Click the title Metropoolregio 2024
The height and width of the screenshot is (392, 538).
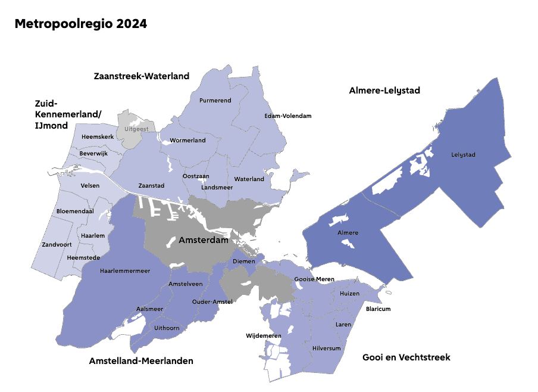click(x=80, y=24)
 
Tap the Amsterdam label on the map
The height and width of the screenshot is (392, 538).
click(x=204, y=241)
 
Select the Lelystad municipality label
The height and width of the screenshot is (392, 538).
click(x=464, y=155)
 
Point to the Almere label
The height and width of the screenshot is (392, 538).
click(x=348, y=232)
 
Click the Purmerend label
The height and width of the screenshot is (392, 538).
click(x=215, y=100)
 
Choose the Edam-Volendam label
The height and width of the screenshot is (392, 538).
click(x=288, y=116)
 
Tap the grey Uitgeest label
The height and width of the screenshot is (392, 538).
click(x=136, y=128)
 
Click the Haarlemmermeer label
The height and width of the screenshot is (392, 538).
click(x=125, y=270)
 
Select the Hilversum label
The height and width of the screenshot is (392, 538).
click(x=326, y=348)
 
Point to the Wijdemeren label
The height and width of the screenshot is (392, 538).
click(x=264, y=336)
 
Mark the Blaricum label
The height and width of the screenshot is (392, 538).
click(x=378, y=309)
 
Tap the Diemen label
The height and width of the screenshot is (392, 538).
click(x=245, y=261)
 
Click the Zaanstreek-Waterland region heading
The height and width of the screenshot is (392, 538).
click(x=142, y=76)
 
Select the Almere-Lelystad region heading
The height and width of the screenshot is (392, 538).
click(x=384, y=91)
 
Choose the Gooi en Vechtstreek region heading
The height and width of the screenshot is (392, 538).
click(x=406, y=357)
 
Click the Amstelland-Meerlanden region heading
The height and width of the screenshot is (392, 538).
click(x=141, y=361)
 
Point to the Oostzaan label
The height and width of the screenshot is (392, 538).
click(x=196, y=176)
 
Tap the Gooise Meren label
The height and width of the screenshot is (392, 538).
click(x=314, y=279)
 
